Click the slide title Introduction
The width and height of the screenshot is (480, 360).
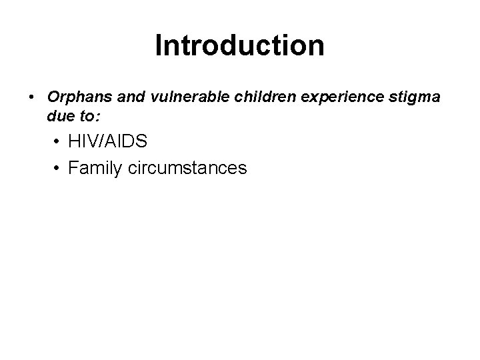point(239,46)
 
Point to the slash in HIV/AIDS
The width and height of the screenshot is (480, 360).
point(109,141)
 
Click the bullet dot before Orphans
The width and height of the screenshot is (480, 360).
point(32,97)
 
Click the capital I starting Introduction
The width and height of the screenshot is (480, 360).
point(158,46)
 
